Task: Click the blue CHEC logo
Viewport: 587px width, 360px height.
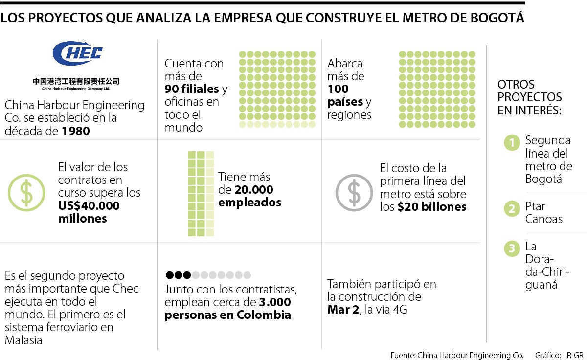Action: [77, 53]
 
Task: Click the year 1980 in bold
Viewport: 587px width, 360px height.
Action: [76, 131]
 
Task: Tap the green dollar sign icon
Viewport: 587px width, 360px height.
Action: [26, 193]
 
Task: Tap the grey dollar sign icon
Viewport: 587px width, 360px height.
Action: [354, 193]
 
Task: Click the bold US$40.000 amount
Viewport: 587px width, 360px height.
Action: [89, 206]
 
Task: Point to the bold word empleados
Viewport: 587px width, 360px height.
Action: [250, 202]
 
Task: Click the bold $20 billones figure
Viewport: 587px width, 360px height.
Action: [432, 207]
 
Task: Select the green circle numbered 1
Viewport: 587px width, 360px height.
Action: [512, 143]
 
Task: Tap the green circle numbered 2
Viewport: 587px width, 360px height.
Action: [512, 209]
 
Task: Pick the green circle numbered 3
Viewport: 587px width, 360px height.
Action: [512, 248]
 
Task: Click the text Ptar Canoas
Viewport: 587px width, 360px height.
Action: [543, 212]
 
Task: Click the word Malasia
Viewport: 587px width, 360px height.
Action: [23, 340]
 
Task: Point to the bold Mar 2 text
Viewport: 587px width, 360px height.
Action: [342, 310]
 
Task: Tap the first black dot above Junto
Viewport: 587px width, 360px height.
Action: [170, 275]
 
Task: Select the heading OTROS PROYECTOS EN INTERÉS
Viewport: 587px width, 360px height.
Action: [529, 97]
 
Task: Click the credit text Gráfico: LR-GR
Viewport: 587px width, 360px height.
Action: [559, 355]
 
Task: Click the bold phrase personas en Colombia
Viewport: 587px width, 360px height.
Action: [227, 315]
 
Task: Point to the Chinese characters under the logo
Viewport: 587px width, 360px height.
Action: [76, 81]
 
